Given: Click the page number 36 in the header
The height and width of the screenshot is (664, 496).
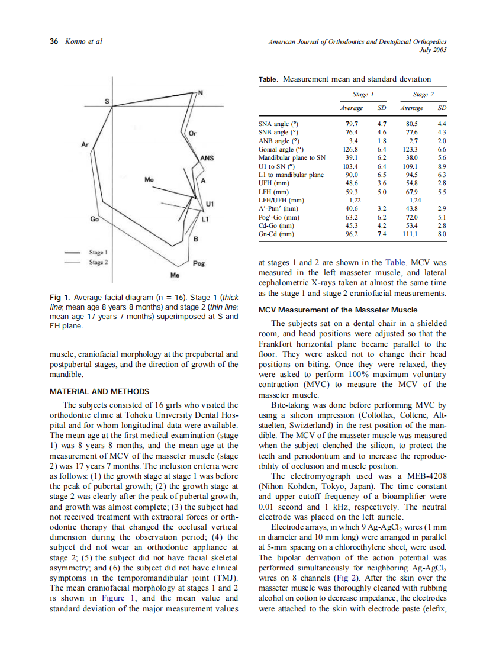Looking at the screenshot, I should tap(54, 41).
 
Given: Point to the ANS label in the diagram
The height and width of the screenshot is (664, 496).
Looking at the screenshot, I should tap(207, 158).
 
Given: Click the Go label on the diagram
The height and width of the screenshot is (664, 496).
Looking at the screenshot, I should tap(94, 219).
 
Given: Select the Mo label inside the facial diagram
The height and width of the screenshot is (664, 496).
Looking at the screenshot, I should tap(150, 178).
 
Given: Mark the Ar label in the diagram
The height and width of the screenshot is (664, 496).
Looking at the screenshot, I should tap(85, 144).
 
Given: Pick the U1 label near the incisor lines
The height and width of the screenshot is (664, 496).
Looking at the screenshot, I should tap(209, 204).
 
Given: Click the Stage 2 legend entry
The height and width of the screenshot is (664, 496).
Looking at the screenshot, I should tap(98, 261).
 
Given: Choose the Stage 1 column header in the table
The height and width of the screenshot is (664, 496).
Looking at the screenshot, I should tap(363, 94).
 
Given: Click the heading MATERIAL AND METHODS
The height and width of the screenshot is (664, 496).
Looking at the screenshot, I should tap(99, 391).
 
